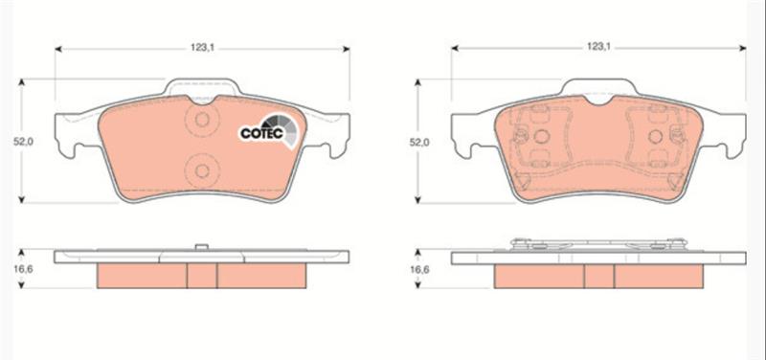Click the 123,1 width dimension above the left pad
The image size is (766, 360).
(203, 47)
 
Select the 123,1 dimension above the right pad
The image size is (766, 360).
(599, 47)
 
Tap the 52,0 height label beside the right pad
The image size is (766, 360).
(418, 142)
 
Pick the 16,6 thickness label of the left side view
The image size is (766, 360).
(22, 269)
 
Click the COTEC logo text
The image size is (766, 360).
(261, 133)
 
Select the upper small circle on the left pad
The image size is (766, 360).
(202, 119)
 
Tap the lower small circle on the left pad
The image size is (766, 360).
(202, 170)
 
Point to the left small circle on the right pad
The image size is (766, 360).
(541, 137)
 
